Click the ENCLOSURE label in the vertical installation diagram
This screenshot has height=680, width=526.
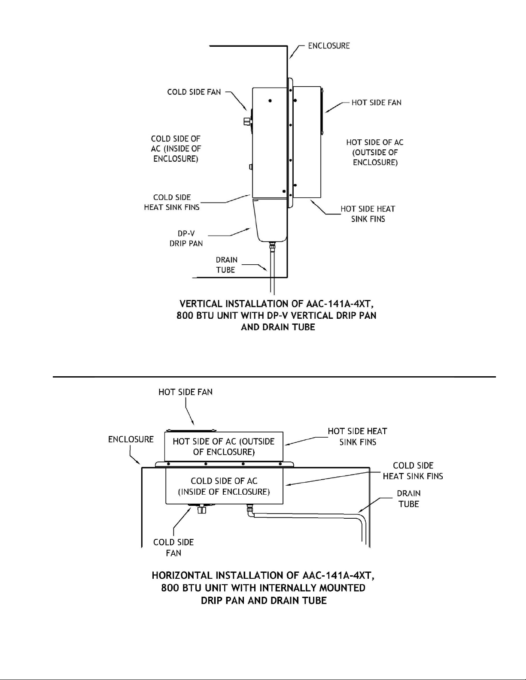click(x=329, y=45)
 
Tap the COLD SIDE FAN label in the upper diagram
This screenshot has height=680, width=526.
click(x=194, y=92)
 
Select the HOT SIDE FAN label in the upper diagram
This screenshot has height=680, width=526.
click(x=376, y=103)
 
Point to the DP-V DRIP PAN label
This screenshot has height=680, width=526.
click(x=186, y=239)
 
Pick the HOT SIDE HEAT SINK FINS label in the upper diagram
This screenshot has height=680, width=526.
click(x=368, y=214)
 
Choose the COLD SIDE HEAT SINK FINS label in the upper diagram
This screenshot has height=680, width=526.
click(x=172, y=202)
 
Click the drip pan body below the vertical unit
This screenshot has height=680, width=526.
click(x=271, y=220)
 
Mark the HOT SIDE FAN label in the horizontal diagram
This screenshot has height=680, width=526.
click(x=185, y=392)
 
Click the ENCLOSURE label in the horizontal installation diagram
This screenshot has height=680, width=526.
click(x=131, y=439)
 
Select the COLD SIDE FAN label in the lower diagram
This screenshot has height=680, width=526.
click(x=173, y=547)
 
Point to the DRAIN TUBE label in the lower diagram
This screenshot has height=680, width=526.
click(x=409, y=499)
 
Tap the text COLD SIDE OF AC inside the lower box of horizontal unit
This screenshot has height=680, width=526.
click(x=224, y=481)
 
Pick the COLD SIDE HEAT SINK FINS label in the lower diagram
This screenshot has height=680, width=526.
click(x=413, y=471)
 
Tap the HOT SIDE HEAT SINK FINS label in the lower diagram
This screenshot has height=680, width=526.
click(x=358, y=437)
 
